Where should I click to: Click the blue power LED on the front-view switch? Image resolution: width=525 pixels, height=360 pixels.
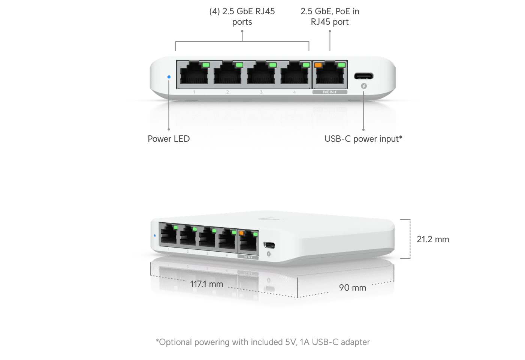(169, 77)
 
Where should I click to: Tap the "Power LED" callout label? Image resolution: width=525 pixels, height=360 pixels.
(169, 139)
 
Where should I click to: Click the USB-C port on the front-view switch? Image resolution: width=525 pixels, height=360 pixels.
(363, 76)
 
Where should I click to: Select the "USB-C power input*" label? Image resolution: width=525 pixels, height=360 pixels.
(363, 139)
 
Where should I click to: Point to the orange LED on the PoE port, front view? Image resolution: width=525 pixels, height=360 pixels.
(318, 65)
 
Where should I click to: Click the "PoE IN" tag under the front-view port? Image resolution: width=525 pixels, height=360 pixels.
(330, 92)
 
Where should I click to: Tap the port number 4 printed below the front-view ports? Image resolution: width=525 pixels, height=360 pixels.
(295, 92)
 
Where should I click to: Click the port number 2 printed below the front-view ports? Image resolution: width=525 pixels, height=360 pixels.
(227, 92)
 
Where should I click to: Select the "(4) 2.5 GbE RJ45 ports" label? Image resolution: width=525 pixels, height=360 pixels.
(242, 16)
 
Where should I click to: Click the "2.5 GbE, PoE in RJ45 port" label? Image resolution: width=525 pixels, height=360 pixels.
(330, 16)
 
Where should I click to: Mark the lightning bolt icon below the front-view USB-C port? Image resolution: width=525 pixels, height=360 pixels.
(364, 86)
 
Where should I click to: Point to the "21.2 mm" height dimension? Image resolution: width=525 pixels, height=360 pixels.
(433, 239)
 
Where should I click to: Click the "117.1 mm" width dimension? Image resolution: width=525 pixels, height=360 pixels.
(206, 284)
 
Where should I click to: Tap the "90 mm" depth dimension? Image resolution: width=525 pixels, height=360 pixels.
(353, 288)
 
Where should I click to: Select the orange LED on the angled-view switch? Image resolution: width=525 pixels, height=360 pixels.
(241, 233)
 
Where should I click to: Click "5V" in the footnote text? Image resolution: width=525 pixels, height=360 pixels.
(290, 342)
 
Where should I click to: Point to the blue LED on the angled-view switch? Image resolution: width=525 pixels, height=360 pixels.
(155, 235)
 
